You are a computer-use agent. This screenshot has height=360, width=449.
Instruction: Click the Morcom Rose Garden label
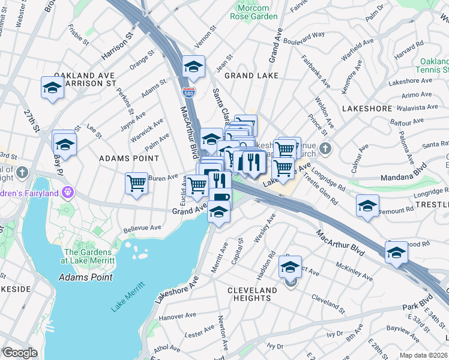tap(254, 12)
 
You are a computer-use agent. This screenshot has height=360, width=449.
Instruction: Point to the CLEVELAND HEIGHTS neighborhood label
tap(252, 294)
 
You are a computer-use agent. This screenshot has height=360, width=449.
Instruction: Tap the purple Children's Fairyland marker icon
tap(68, 193)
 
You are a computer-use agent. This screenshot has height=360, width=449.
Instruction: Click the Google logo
tap(20, 353)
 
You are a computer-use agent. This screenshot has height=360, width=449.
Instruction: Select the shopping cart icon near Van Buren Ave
tap(137, 183)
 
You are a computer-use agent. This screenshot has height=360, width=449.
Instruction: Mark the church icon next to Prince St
tap(325, 148)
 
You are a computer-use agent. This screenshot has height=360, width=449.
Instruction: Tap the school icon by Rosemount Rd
tap(367, 205)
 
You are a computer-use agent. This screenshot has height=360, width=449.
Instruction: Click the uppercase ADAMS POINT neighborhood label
tap(129, 159)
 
